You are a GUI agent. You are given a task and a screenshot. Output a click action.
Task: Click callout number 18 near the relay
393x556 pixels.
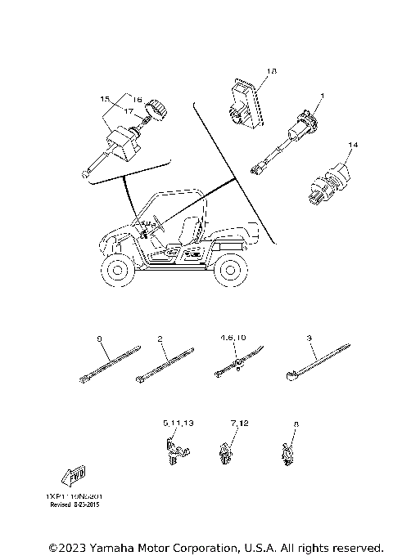pyautogui.click(x=272, y=72)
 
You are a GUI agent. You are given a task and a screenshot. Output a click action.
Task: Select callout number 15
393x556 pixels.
pyautogui.click(x=105, y=99)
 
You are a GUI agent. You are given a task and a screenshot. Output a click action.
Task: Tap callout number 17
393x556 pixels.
pyautogui.click(x=129, y=109)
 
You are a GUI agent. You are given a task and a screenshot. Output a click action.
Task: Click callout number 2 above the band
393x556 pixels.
pyautogui.click(x=161, y=338)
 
